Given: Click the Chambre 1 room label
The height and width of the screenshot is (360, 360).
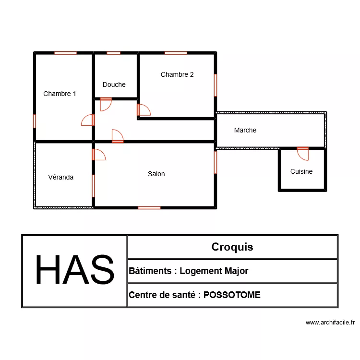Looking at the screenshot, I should (x=60, y=94).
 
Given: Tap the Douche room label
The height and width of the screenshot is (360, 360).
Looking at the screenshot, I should (x=114, y=84).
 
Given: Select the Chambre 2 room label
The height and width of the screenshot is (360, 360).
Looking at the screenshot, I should (x=177, y=74).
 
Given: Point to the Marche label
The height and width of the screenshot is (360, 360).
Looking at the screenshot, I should (x=245, y=130).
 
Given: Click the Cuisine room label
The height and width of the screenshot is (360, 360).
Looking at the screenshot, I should (x=301, y=171).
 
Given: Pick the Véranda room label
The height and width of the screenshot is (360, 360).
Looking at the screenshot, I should (x=61, y=177).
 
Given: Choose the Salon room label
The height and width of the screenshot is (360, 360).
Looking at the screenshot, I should (x=156, y=174).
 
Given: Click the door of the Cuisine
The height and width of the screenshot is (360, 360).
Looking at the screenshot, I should (x=303, y=153).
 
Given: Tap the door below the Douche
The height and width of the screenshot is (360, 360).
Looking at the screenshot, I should (x=106, y=104).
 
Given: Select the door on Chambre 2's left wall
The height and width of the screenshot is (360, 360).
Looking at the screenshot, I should (x=143, y=110).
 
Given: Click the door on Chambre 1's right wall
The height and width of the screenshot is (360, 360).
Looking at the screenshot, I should (x=88, y=120).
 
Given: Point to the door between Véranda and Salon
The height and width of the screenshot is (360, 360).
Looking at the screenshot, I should (x=98, y=154).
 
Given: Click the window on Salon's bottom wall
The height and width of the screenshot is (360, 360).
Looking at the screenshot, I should (x=149, y=208).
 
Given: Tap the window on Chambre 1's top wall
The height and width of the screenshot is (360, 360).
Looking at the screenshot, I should (x=65, y=53).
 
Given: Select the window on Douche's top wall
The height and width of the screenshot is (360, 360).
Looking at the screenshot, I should (x=113, y=53).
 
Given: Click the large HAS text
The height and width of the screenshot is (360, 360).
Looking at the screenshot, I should (x=74, y=271).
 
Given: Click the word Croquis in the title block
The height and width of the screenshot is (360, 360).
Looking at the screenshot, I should (x=232, y=247).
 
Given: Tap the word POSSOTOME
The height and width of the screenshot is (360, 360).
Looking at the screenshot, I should (x=232, y=295).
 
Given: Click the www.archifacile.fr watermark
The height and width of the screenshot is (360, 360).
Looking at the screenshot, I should (x=330, y=323).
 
